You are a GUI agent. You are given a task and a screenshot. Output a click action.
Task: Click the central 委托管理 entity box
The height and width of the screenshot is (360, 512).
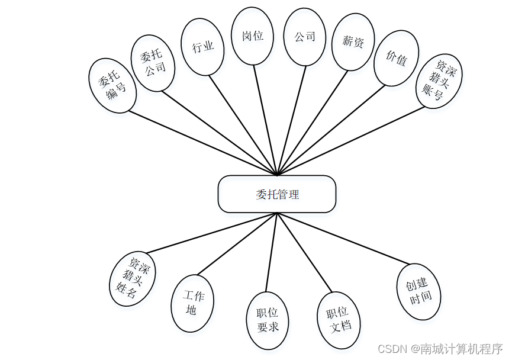pyautogui.click(x=277, y=194)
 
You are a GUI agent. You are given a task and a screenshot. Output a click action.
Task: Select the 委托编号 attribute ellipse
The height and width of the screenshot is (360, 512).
pyautogui.click(x=112, y=85)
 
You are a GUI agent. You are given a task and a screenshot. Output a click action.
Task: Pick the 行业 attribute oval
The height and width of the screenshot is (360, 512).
pyautogui.click(x=202, y=47)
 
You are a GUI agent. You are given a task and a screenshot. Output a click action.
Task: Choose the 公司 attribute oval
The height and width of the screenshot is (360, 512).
pyautogui.click(x=305, y=36)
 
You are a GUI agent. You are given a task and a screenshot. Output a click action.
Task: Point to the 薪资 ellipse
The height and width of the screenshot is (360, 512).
pyautogui.click(x=353, y=41)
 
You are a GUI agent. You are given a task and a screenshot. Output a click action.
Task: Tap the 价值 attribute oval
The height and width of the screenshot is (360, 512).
pyautogui.click(x=396, y=59)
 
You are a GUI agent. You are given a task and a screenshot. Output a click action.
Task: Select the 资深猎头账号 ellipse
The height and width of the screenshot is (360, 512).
pyautogui.click(x=439, y=81)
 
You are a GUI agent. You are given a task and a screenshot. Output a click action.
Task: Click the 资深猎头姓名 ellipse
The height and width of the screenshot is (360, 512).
pyautogui.click(x=133, y=280)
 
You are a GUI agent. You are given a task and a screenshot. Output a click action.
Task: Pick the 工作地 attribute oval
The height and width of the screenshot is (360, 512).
pyautogui.click(x=192, y=303)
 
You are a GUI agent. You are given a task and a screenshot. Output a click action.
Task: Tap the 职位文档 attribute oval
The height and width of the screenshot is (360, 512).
pyautogui.click(x=339, y=319)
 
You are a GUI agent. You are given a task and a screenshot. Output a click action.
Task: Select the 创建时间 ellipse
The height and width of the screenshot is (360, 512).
pyautogui.click(x=419, y=291)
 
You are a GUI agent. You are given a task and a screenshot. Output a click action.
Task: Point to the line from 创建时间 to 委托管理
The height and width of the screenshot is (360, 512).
pyautogui.click(x=343, y=239)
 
